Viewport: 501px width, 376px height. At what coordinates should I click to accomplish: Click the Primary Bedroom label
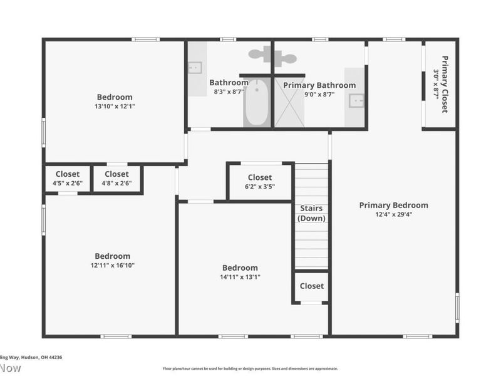(393, 205)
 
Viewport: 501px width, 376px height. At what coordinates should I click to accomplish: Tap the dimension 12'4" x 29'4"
(393, 214)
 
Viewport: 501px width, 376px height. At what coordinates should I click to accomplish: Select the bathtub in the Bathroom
(257, 103)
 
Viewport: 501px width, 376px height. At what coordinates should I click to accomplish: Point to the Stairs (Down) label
(311, 213)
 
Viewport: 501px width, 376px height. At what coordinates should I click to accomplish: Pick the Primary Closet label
(445, 84)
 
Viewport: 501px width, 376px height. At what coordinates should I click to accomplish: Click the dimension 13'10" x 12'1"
(115, 107)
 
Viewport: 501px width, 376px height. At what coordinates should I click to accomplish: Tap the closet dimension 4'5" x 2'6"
(67, 184)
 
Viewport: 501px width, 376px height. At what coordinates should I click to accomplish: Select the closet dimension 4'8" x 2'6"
(116, 184)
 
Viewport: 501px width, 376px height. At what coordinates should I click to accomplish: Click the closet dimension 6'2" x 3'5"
(259, 187)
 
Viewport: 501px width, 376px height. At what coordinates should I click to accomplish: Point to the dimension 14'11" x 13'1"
(240, 277)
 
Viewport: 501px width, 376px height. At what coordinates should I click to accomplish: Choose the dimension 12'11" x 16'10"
(113, 265)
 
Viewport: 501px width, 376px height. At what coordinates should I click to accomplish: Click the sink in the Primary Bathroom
(356, 99)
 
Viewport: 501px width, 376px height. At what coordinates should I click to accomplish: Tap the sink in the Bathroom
(195, 67)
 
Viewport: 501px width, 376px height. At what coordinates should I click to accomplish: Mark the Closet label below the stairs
(311, 286)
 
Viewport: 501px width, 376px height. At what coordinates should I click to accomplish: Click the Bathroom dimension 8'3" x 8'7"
(229, 92)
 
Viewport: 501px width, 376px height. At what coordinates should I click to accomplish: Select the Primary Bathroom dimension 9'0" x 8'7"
(319, 95)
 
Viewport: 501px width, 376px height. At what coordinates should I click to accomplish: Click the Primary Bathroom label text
(319, 85)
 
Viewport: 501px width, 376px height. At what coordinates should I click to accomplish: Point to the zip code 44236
(54, 357)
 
